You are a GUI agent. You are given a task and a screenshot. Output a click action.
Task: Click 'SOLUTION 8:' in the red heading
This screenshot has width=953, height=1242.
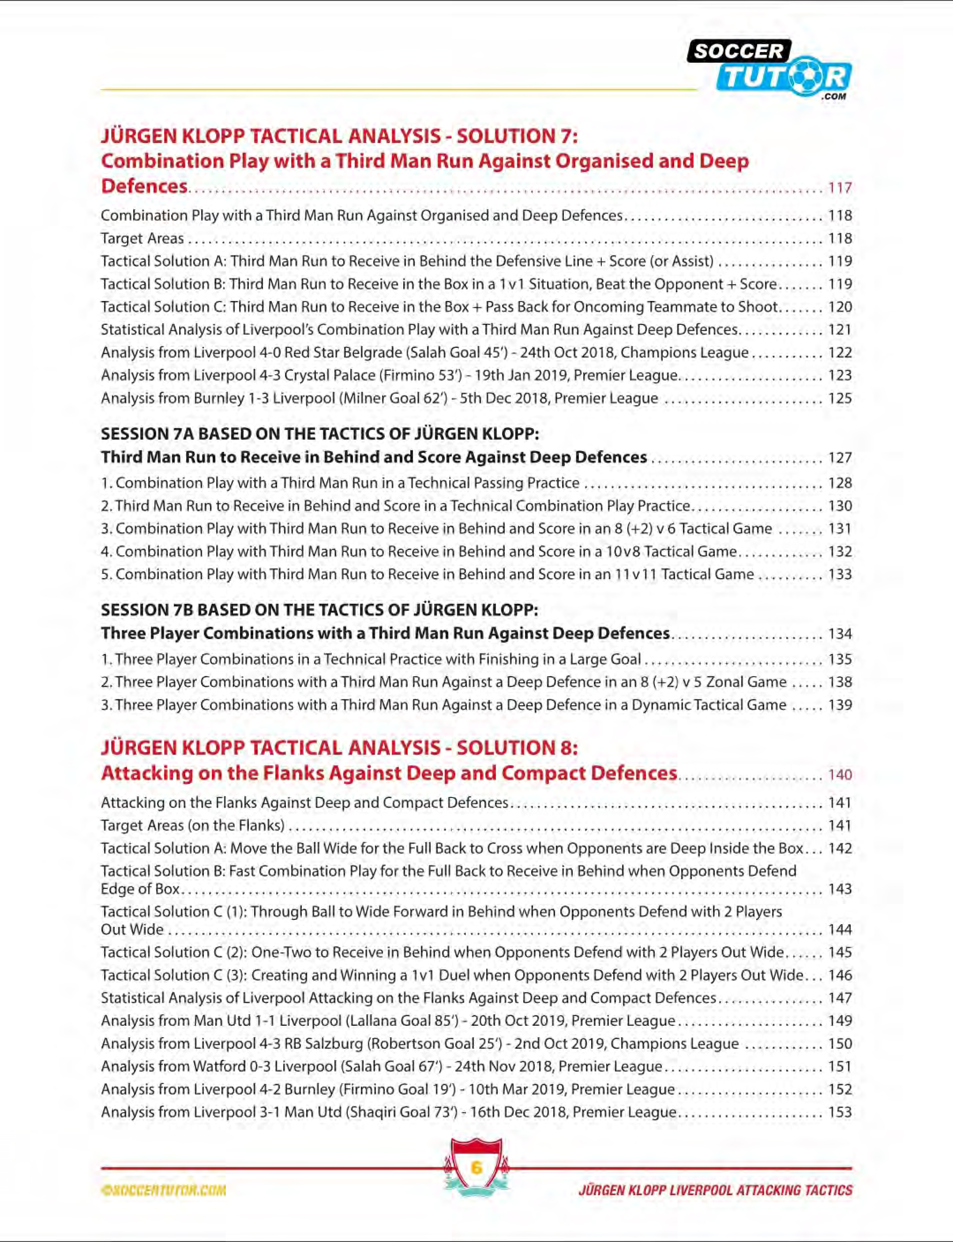click(517, 748)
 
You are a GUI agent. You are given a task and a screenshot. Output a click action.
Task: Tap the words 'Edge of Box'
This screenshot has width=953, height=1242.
click(140, 889)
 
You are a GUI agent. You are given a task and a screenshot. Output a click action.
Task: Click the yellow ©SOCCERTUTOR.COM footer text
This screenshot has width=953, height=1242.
click(163, 1190)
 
